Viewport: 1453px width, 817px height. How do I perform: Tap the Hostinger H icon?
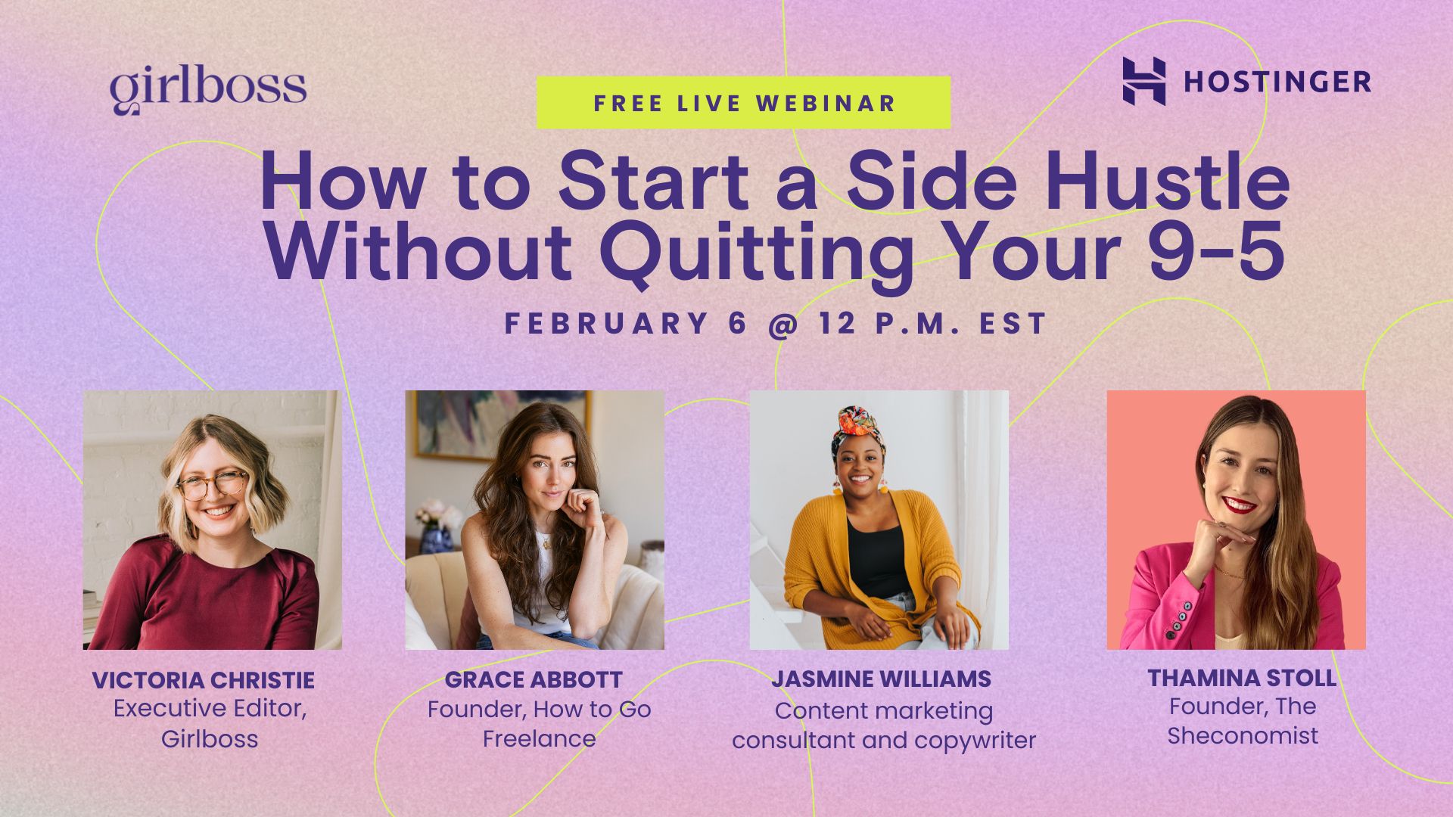tap(1143, 81)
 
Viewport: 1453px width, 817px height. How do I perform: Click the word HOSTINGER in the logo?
tap(1277, 82)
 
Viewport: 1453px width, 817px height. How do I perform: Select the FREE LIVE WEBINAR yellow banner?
tap(743, 103)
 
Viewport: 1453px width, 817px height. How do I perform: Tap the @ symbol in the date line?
tap(783, 325)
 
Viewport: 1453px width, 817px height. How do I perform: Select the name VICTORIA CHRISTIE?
tap(203, 680)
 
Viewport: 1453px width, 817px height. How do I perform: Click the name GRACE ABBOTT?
tap(534, 680)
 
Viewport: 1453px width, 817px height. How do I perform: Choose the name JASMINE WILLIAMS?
tap(881, 679)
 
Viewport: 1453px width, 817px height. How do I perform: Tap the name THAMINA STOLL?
tap(1241, 678)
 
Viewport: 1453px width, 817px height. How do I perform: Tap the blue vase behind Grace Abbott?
tap(437, 539)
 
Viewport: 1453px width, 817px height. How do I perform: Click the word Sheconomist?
tap(1242, 736)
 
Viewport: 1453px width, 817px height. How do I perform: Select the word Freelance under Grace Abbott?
tap(539, 739)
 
